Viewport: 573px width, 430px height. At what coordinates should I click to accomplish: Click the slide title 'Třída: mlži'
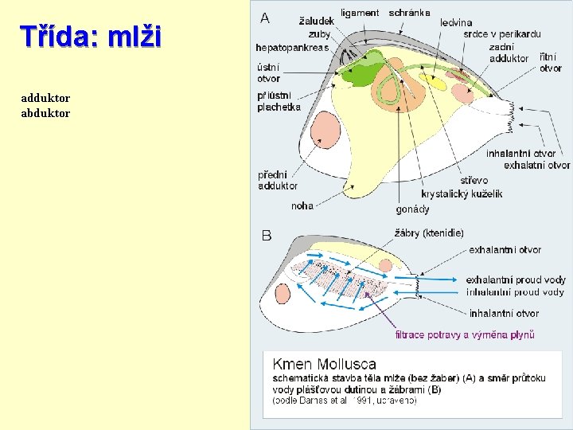click(x=91, y=37)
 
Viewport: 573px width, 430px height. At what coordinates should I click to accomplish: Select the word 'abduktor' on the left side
click(x=45, y=113)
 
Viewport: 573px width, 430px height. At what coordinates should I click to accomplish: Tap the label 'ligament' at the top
click(x=360, y=13)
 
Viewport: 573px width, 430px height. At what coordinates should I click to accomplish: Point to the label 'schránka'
click(x=410, y=13)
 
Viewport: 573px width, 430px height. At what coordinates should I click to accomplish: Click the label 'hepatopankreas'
click(x=292, y=48)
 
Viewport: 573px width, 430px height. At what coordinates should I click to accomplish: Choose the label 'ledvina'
click(x=456, y=23)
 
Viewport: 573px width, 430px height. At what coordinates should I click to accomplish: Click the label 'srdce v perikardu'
click(x=501, y=34)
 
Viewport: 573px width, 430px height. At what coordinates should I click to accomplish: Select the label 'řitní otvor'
click(x=551, y=63)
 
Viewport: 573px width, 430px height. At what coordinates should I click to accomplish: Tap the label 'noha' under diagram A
click(x=302, y=205)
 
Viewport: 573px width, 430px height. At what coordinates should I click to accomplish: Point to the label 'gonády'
click(x=412, y=209)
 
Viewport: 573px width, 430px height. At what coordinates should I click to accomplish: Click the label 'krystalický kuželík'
click(x=462, y=193)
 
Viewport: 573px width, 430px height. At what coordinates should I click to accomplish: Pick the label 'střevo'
click(x=474, y=181)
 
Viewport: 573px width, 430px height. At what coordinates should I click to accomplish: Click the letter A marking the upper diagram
click(x=265, y=17)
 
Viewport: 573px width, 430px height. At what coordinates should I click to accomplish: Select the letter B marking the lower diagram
click(x=267, y=235)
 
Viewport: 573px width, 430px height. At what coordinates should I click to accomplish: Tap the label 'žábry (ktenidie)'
click(x=429, y=233)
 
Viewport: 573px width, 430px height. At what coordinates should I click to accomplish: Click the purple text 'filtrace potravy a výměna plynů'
click(x=465, y=334)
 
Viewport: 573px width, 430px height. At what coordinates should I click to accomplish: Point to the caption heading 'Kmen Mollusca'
click(x=325, y=364)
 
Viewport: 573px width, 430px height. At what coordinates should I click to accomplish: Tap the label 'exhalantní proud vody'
click(x=516, y=279)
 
